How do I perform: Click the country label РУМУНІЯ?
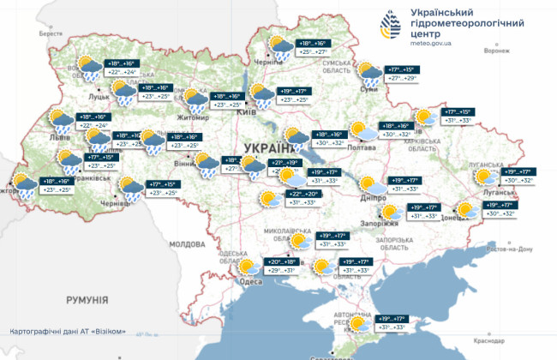[x=85, y=300]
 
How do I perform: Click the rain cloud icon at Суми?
[x=369, y=73]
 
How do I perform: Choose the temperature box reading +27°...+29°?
[x=402, y=78]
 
